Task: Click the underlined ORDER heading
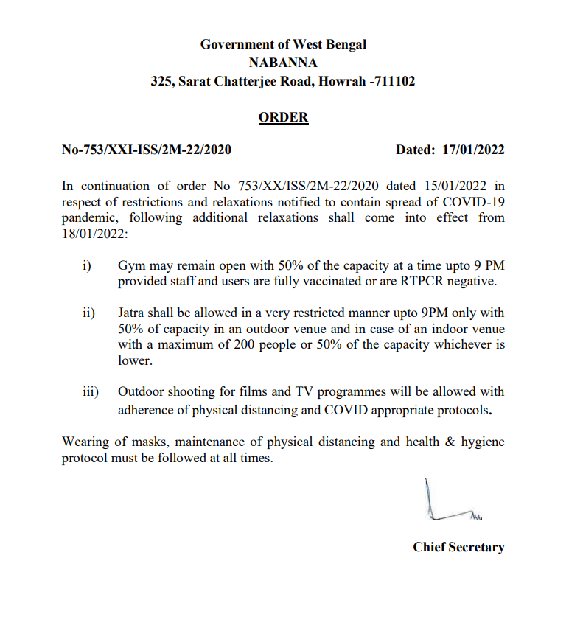point(283,117)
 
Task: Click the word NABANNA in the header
point(283,63)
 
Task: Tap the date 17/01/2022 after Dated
point(473,150)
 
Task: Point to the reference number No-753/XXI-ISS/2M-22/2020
point(147,150)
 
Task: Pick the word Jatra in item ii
point(133,313)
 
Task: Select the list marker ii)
point(88,313)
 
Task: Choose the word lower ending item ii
point(133,362)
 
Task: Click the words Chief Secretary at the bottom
point(458,547)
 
